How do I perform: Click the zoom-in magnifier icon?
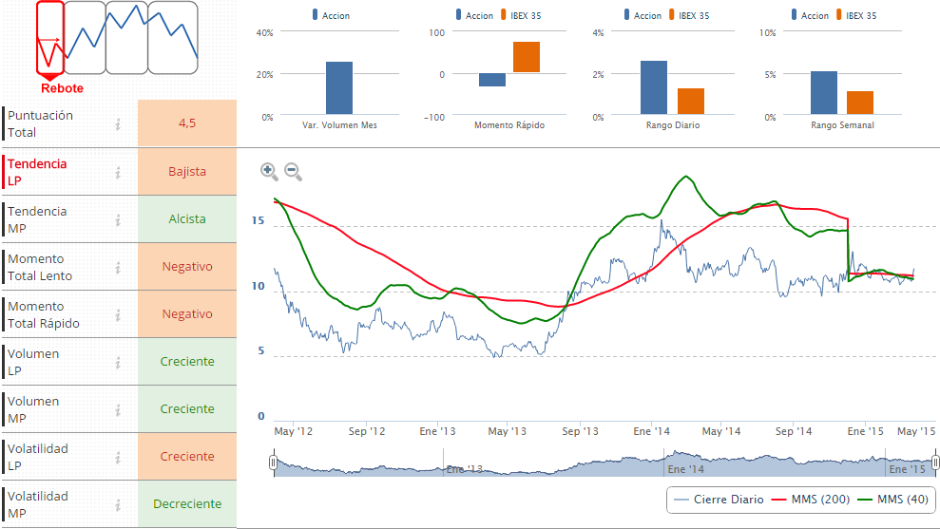pyautogui.click(x=269, y=171)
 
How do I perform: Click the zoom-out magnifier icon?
pyautogui.click(x=293, y=171)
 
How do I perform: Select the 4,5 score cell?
pyautogui.click(x=186, y=123)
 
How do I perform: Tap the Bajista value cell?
pyautogui.click(x=186, y=172)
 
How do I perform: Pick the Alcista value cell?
pyautogui.click(x=186, y=219)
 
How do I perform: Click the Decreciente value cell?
pyautogui.click(x=186, y=504)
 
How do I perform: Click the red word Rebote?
pyautogui.click(x=62, y=88)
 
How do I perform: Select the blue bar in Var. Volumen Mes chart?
pyautogui.click(x=339, y=88)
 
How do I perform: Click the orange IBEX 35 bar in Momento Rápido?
pyautogui.click(x=527, y=57)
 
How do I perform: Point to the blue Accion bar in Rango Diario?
pyautogui.click(x=653, y=87)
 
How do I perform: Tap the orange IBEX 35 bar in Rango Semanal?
pyautogui.click(x=859, y=103)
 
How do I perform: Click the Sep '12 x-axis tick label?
pyautogui.click(x=367, y=431)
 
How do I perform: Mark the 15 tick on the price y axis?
pyautogui.click(x=258, y=219)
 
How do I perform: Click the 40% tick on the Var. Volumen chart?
pyautogui.click(x=265, y=32)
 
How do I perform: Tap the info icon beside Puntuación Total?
pyautogui.click(x=119, y=124)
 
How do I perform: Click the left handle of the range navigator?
pyautogui.click(x=273, y=463)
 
